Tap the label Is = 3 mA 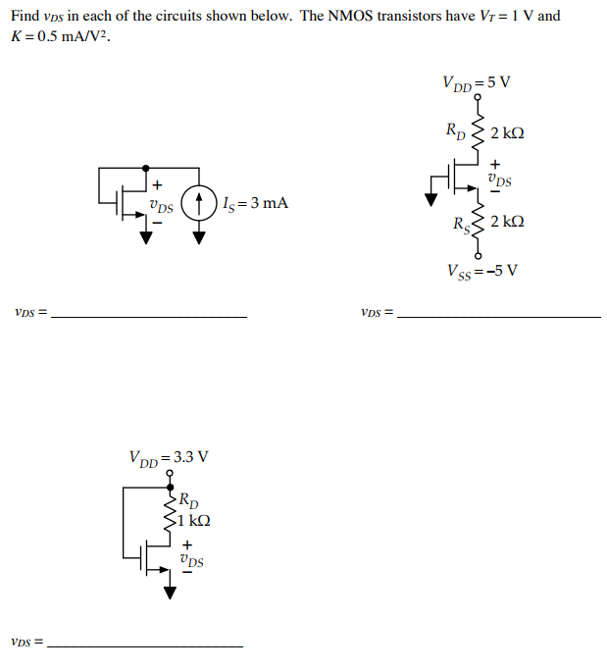[255, 204]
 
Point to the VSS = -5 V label [481, 270]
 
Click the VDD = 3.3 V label [169, 456]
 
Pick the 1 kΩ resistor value [191, 521]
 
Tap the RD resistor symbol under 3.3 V [170, 511]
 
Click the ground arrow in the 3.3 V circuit [170, 592]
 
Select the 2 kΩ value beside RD [507, 132]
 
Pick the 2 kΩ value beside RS [507, 223]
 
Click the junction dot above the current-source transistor [145, 169]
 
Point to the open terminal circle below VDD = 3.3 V [170, 474]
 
